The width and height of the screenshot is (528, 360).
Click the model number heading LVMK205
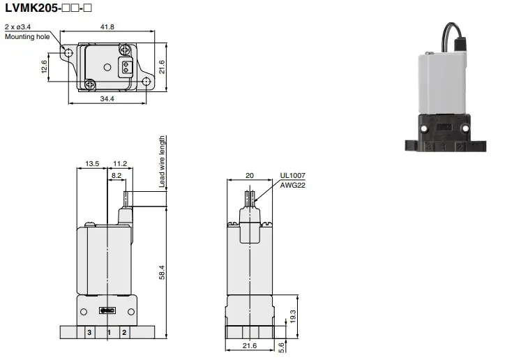pos(31,8)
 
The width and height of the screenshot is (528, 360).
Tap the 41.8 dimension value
pos(107,27)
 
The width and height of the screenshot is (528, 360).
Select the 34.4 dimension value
pos(107,98)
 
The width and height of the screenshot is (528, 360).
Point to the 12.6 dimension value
pos(44,67)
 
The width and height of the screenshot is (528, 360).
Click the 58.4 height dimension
pos(162,272)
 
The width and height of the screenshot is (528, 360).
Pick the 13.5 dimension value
pos(92,164)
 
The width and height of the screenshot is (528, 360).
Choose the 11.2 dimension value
pos(120,164)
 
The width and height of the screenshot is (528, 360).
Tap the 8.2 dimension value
pos(116,175)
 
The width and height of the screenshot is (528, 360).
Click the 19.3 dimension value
pos(293,317)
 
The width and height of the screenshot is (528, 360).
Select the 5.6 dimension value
pos(282,347)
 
